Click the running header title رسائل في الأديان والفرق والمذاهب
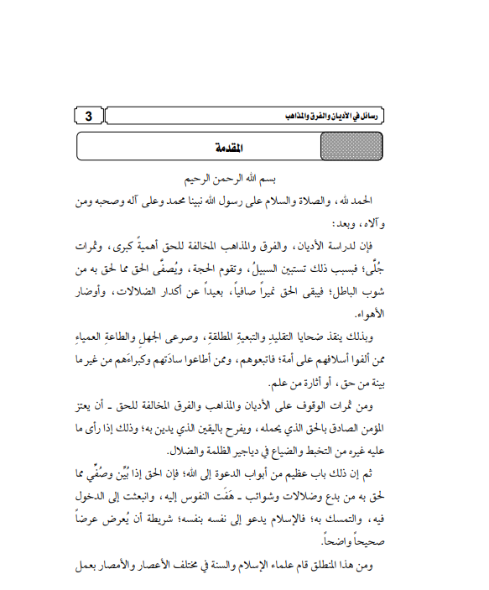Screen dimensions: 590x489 (x=332, y=116)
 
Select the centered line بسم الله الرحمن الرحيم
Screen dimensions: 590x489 (x=244, y=180)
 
